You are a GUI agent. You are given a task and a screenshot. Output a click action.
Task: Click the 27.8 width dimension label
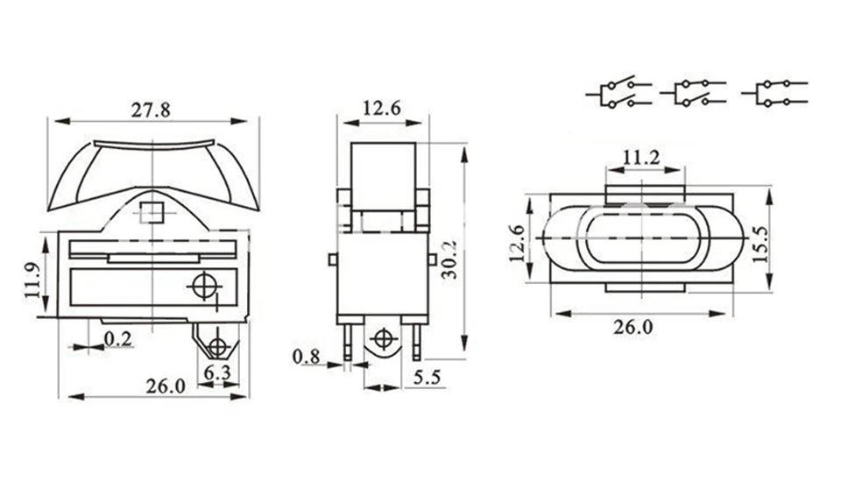[151, 110]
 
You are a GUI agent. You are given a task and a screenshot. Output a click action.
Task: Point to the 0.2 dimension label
[117, 338]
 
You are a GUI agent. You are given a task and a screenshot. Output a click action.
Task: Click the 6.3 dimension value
[218, 372]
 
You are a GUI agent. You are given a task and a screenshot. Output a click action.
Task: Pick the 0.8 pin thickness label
[307, 357]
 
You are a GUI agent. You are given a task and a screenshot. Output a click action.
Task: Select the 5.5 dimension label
[428, 378]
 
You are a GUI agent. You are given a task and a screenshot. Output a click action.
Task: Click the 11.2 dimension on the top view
[641, 158]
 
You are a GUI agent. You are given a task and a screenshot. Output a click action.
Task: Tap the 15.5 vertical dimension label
[760, 245]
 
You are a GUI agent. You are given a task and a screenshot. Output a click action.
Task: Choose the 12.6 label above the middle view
[381, 109]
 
